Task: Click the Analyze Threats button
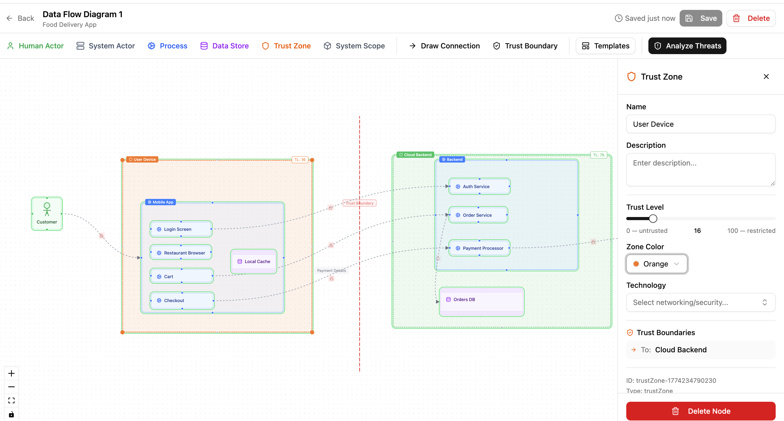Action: [x=687, y=46]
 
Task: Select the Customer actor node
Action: [x=47, y=214]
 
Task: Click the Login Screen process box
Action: [x=181, y=229]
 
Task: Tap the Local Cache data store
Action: [x=254, y=261]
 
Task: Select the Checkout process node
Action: [x=182, y=301]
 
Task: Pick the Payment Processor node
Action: [x=479, y=248]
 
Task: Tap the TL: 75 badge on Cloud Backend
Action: [x=598, y=155]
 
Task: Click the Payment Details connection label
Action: [x=331, y=270]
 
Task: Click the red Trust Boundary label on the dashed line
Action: [x=359, y=203]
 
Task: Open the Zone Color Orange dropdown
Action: [x=656, y=264]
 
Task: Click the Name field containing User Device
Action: [x=700, y=124]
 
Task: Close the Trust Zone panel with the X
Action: [x=766, y=77]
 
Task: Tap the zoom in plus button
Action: [x=11, y=373]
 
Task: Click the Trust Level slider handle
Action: [x=653, y=218]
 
